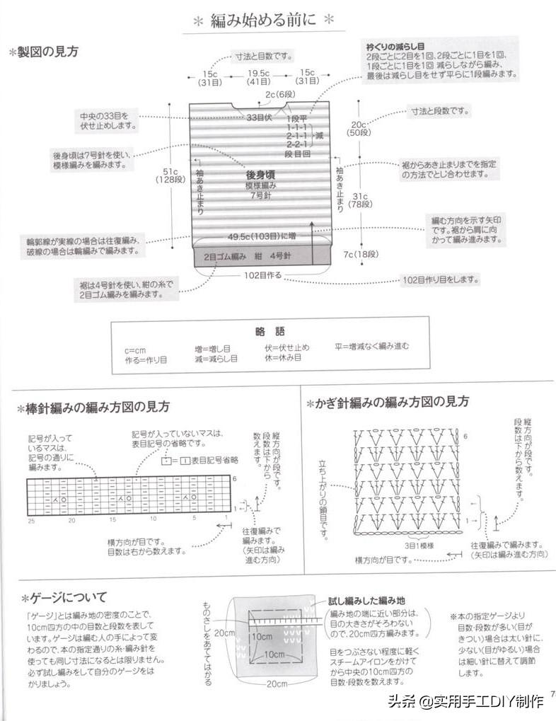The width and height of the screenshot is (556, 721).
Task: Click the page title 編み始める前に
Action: tap(264, 21)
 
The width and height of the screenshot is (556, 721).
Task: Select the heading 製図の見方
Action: tap(47, 52)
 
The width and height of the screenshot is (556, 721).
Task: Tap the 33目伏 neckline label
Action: tap(260, 117)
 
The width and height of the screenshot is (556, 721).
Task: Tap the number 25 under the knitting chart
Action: tap(32, 520)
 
